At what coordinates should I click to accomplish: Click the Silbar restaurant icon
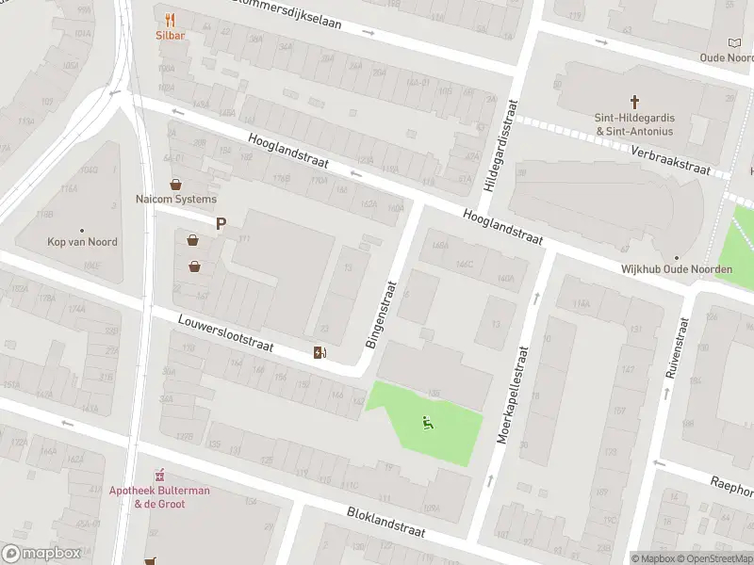click(x=170, y=19)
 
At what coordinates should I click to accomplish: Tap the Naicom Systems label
click(x=175, y=199)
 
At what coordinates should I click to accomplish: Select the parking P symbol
click(x=221, y=224)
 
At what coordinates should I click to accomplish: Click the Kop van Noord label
click(x=83, y=242)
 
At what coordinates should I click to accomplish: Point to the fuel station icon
click(x=320, y=353)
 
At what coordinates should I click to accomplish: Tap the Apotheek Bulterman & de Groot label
click(x=159, y=497)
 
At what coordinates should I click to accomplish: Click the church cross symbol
click(x=634, y=101)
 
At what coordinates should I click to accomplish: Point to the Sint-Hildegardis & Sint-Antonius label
click(x=634, y=124)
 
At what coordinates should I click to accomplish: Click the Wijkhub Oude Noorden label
click(x=676, y=269)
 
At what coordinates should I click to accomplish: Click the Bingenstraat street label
click(x=383, y=313)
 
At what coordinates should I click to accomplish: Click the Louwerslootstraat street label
click(x=225, y=334)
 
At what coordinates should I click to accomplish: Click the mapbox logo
click(x=41, y=553)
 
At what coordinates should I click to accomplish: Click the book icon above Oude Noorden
click(x=735, y=42)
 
